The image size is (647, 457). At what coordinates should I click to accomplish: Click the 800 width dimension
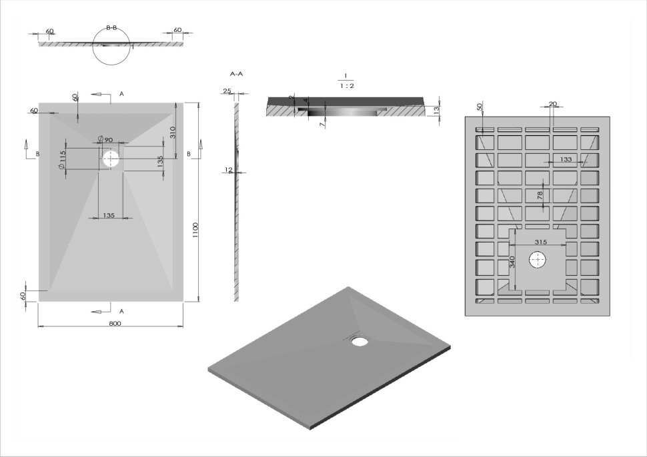(114, 323)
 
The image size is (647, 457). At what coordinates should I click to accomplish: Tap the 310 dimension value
(172, 132)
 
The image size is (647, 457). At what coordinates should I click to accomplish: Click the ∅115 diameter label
(63, 160)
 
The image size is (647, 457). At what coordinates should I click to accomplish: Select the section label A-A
(236, 74)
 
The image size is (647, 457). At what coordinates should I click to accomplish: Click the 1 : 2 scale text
(346, 87)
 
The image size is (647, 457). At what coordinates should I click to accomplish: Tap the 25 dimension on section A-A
(227, 91)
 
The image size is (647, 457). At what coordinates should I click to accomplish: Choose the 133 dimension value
(566, 159)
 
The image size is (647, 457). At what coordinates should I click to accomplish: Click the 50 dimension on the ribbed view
(480, 107)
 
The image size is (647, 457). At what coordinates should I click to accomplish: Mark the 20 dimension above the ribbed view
(552, 103)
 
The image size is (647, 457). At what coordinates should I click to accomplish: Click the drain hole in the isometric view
(360, 342)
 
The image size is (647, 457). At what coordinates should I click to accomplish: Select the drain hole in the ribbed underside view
(538, 259)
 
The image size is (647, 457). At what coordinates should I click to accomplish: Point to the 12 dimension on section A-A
(228, 170)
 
